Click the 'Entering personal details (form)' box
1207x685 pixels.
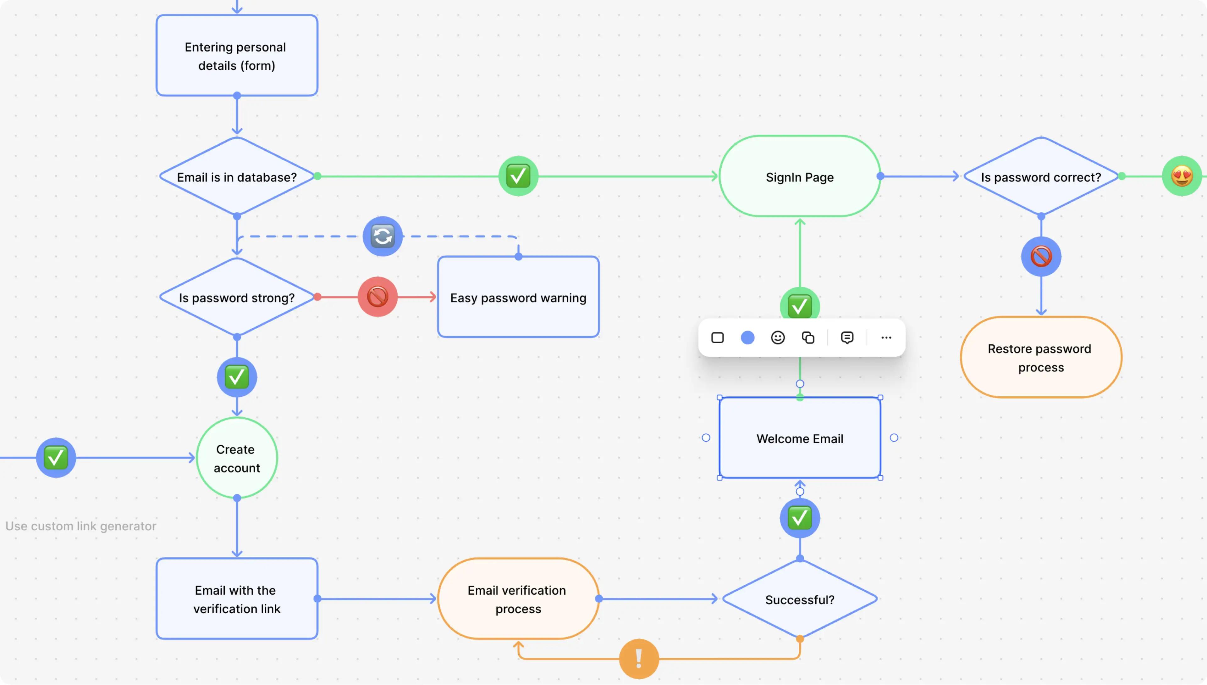coord(236,56)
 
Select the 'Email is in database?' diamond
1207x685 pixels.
coord(236,177)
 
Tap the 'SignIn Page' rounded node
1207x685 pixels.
coord(799,177)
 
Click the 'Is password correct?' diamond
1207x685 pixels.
coord(1040,177)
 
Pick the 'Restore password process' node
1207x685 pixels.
coord(1040,358)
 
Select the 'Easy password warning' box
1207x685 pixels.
coord(518,297)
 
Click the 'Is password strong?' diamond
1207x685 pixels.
coord(236,297)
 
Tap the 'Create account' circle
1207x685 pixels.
coord(236,458)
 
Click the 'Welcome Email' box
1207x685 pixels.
coord(799,438)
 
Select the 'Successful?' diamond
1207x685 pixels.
coord(799,599)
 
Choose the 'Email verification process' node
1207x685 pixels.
coord(518,599)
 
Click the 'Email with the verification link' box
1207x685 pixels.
coord(236,599)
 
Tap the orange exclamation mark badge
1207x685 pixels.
coord(638,659)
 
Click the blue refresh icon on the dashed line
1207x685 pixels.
coord(382,236)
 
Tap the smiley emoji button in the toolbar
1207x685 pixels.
coord(778,338)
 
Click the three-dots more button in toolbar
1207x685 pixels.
coord(886,338)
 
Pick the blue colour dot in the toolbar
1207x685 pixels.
coord(747,338)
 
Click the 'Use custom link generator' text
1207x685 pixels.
coord(81,526)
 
